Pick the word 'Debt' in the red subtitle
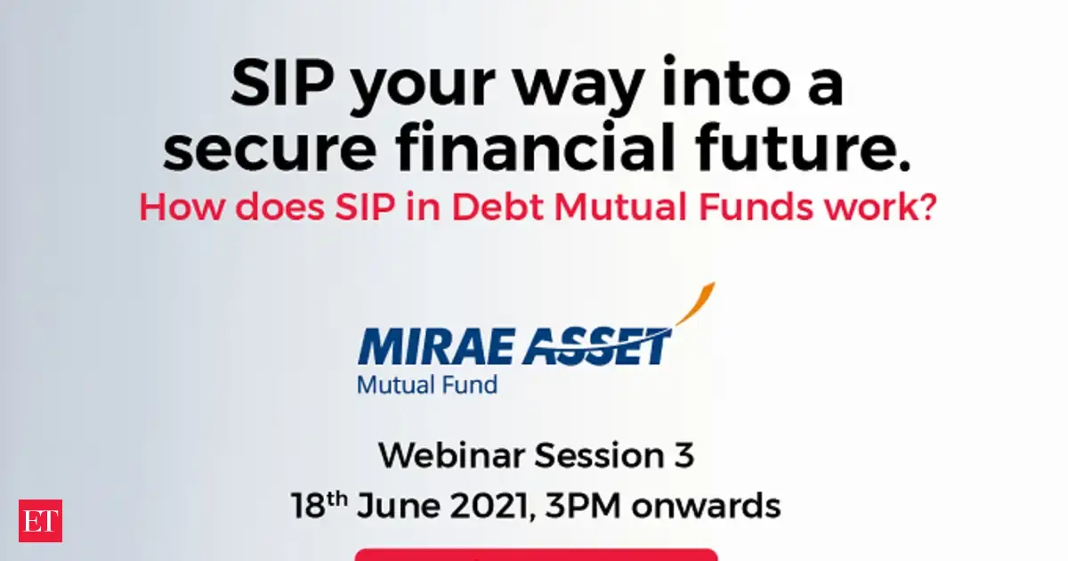(x=498, y=207)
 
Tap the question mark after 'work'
(x=927, y=207)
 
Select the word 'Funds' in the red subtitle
(x=756, y=207)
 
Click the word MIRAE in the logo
(x=434, y=346)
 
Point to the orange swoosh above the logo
(x=697, y=303)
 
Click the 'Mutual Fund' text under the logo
(x=427, y=386)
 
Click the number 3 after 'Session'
(x=684, y=456)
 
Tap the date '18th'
(x=320, y=505)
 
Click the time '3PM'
(x=583, y=506)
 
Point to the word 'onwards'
(x=706, y=506)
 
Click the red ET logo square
(x=41, y=521)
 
